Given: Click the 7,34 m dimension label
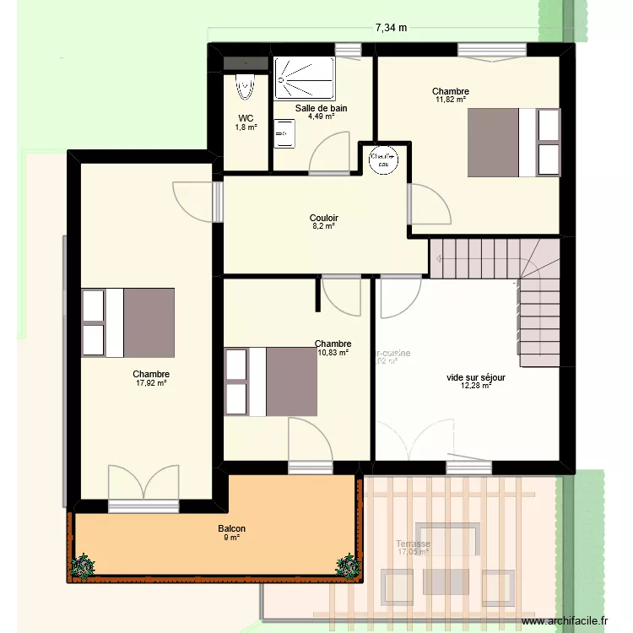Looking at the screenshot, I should (x=391, y=27).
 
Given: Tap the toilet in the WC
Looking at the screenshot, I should (x=246, y=86).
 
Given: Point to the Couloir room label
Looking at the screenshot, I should (x=324, y=217).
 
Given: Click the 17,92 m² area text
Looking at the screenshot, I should (x=151, y=383).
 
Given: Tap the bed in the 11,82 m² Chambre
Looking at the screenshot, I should (x=514, y=143).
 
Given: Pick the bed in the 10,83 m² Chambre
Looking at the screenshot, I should (x=271, y=381).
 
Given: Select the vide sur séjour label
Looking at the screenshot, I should (x=476, y=377).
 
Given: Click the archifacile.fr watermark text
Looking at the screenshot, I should (x=565, y=620).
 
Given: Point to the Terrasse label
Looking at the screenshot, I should (x=413, y=544).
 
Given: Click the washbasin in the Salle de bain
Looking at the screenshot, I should (x=284, y=133).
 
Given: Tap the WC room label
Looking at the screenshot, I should (x=246, y=118).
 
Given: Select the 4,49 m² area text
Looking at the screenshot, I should (x=321, y=116).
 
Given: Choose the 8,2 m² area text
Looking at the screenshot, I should (x=324, y=226).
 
